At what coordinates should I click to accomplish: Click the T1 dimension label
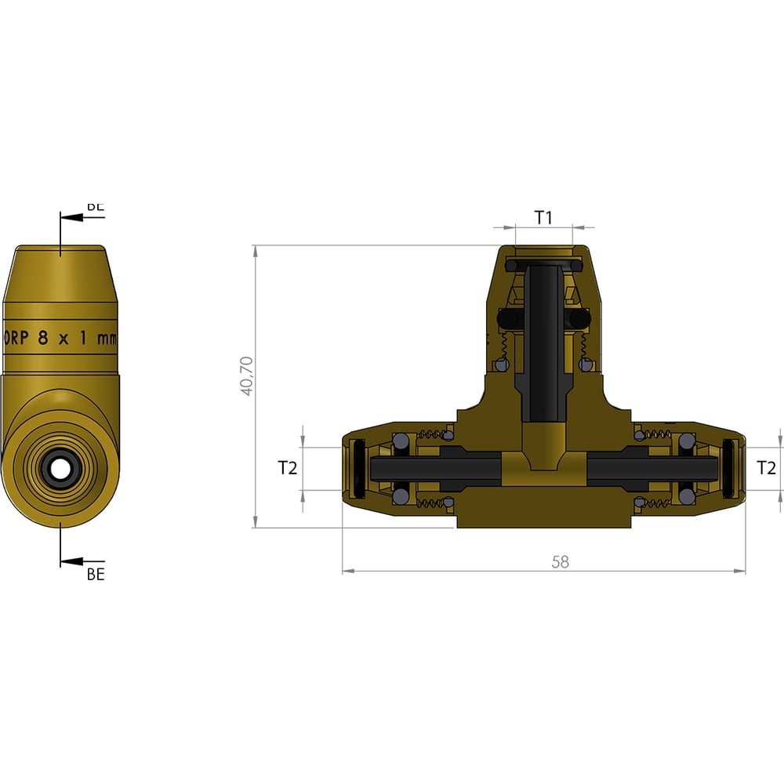(x=543, y=217)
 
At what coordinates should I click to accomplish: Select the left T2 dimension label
(x=288, y=468)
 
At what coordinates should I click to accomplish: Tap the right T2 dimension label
(x=766, y=468)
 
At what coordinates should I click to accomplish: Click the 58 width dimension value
(x=560, y=561)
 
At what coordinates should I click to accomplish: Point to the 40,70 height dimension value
(x=246, y=376)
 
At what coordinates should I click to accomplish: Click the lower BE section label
(x=96, y=574)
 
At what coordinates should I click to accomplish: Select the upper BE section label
(x=95, y=207)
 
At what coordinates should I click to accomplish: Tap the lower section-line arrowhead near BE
(x=69, y=561)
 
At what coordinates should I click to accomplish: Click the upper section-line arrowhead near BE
(x=69, y=217)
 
